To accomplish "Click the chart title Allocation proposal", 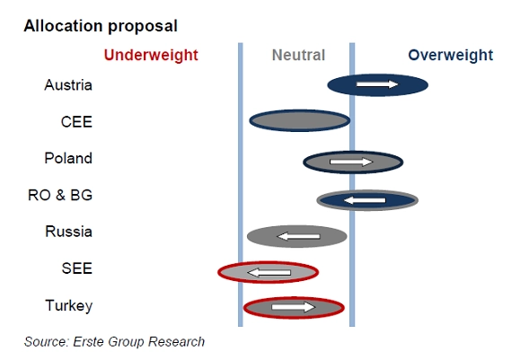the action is click(x=101, y=26).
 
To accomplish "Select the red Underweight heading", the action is click(x=151, y=56).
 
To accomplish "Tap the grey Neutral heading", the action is click(x=298, y=55).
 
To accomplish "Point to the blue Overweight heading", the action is click(x=450, y=56).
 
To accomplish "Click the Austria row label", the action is click(x=68, y=85).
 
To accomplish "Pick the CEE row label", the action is click(x=76, y=122).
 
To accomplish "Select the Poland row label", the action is click(x=68, y=158).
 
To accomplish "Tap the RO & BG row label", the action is click(x=60, y=195).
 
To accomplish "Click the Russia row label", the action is click(x=68, y=232).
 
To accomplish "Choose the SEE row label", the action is click(x=77, y=268).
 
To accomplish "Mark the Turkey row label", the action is click(x=69, y=306).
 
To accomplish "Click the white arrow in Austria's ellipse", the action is click(x=377, y=84).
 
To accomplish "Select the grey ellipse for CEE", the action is click(x=300, y=120).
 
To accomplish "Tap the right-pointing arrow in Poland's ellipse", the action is click(x=351, y=162).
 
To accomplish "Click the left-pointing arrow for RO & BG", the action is click(x=365, y=200).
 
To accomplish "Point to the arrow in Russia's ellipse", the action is click(x=298, y=236).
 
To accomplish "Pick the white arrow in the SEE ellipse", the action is click(x=269, y=272).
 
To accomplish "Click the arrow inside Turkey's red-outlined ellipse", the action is click(x=293, y=307).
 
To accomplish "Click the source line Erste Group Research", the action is click(x=114, y=342).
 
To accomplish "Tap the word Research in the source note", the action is click(x=176, y=342).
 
